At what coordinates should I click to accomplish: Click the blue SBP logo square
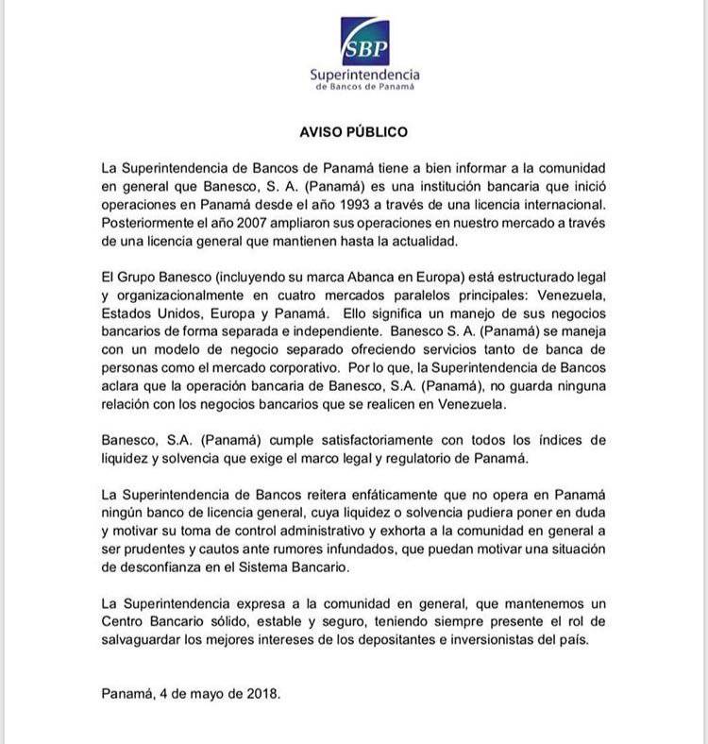(365, 41)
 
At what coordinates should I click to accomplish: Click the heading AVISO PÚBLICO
(353, 132)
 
